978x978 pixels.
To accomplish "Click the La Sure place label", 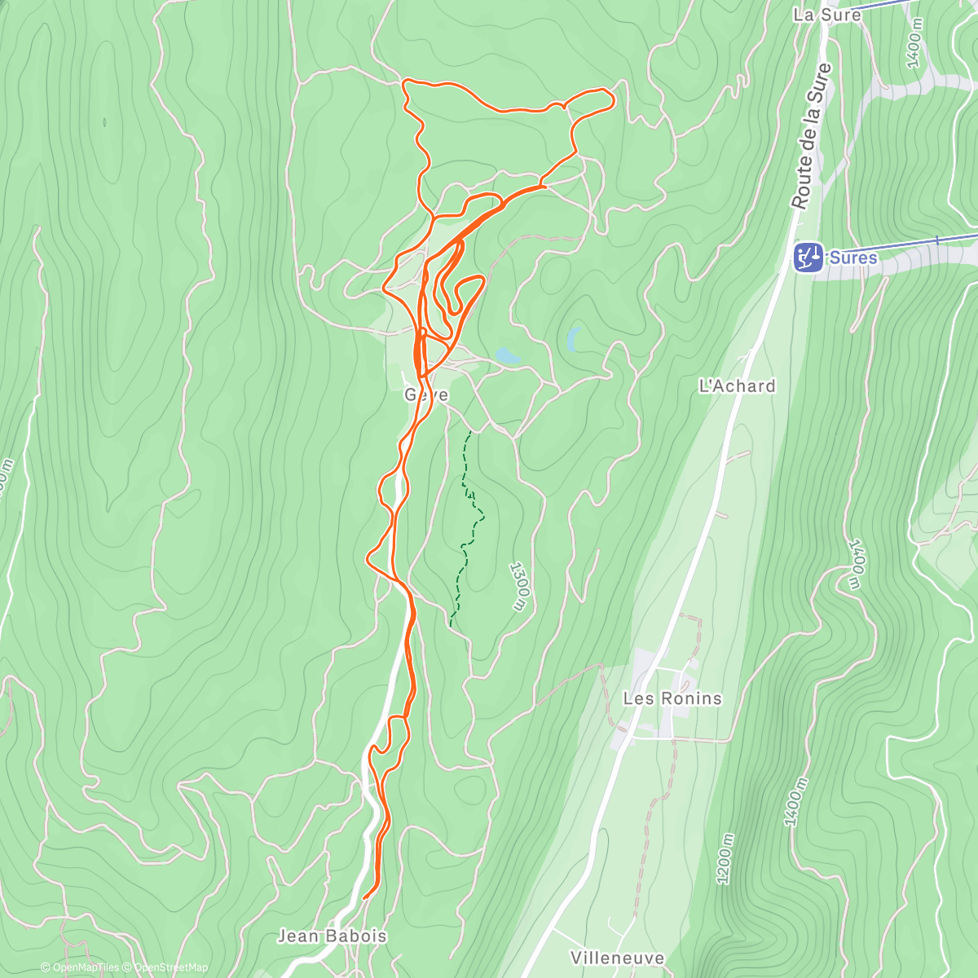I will tap(826, 15).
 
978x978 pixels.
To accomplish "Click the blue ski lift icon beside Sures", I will tap(808, 258).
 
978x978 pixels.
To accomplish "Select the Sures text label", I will tap(853, 258).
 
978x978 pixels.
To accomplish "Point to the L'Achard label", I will tap(737, 385).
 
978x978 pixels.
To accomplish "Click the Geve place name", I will tap(426, 395).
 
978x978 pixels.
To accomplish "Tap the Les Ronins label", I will tap(672, 698).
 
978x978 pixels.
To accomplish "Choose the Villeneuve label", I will tap(617, 958).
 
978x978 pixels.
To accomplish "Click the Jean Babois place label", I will tap(332, 936).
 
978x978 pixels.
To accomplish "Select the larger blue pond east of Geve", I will tap(507, 355).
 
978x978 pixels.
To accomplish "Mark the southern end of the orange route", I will tap(364, 897).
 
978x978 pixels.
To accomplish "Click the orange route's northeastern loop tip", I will tap(610, 96).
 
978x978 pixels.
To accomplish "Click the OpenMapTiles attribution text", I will tap(79, 967).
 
